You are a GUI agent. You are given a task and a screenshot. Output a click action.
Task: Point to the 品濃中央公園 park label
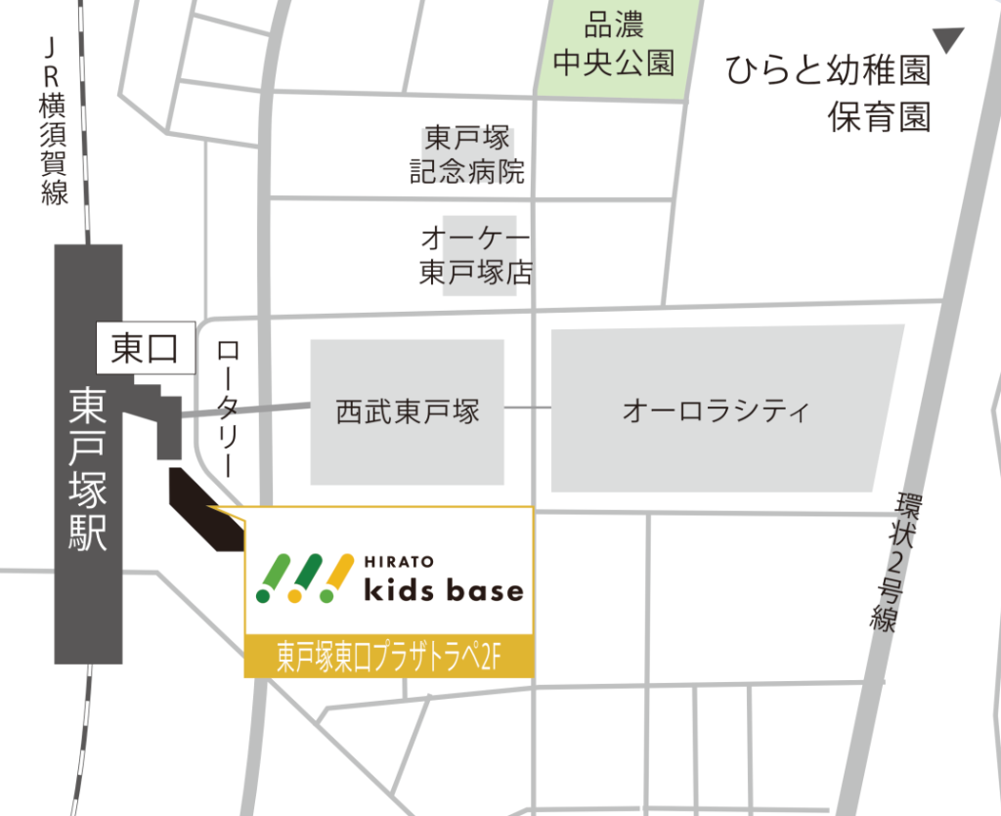click(x=614, y=47)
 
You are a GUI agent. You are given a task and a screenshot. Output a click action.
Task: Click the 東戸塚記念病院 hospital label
click(x=466, y=154)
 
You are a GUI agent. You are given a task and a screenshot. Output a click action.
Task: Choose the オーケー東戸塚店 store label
click(x=476, y=255)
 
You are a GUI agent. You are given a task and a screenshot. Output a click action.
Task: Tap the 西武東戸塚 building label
click(x=408, y=411)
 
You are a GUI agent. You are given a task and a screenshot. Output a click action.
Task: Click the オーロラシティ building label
click(x=717, y=411)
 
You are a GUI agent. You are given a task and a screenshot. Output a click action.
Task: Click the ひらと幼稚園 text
click(x=827, y=71)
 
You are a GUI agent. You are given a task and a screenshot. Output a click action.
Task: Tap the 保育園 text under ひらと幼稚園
click(x=878, y=118)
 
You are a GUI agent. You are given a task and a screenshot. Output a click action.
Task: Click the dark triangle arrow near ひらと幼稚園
click(x=947, y=40)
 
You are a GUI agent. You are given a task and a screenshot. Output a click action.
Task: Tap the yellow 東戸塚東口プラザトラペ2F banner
click(x=388, y=656)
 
